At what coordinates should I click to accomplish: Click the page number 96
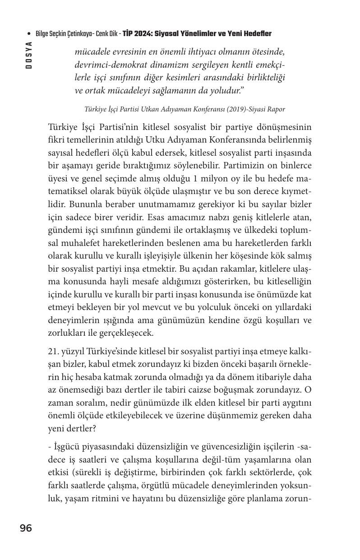26,528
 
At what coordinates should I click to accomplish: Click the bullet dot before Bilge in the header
29,34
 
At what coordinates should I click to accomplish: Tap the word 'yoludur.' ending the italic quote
228,90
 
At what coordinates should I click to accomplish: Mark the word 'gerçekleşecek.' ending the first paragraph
125,333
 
